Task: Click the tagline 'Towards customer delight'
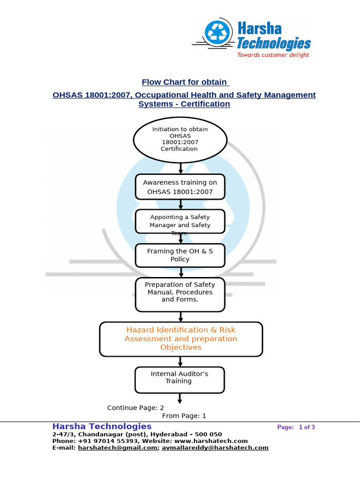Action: [273, 55]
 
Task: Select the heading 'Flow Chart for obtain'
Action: [185, 82]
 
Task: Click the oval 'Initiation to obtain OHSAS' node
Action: [180, 139]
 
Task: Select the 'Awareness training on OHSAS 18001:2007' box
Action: [180, 187]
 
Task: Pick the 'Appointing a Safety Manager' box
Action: [180, 221]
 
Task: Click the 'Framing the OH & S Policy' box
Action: [180, 255]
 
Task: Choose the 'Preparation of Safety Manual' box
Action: [180, 294]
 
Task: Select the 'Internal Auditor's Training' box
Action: [180, 379]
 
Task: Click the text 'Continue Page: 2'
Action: [135, 408]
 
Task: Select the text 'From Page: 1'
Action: [184, 416]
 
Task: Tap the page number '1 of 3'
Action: [307, 427]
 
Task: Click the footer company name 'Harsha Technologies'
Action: [102, 426]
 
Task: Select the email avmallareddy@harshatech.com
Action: [215, 448]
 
